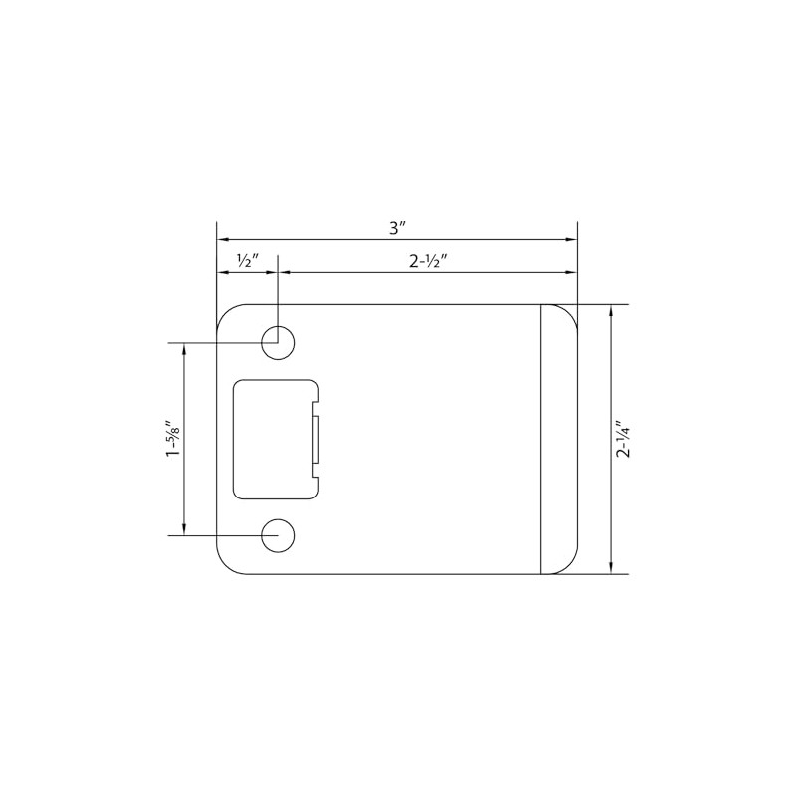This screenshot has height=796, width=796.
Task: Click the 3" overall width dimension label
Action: pyautogui.click(x=398, y=227)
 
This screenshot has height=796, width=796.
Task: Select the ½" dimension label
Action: pyautogui.click(x=247, y=260)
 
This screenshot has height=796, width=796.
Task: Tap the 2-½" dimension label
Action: pyautogui.click(x=429, y=260)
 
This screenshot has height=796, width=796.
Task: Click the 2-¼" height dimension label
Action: pyautogui.click(x=624, y=439)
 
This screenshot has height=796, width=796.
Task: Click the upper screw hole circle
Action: pyautogui.click(x=278, y=343)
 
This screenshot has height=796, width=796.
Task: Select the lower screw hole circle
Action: pyautogui.click(x=278, y=535)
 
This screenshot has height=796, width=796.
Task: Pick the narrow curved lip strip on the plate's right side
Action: pyautogui.click(x=558, y=439)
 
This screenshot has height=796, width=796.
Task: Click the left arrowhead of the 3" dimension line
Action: pyautogui.click(x=223, y=240)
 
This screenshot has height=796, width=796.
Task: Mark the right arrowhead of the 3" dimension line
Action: pyautogui.click(x=572, y=240)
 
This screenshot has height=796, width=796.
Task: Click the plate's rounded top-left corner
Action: pyautogui.click(x=226, y=312)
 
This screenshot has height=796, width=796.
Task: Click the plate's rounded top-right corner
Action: pyautogui.click(x=570, y=312)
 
